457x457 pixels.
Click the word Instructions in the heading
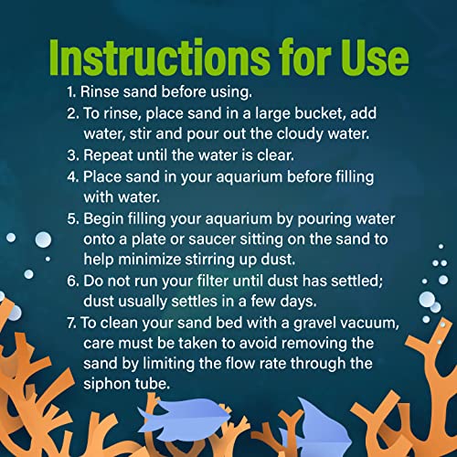(x=159, y=58)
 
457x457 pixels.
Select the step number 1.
(x=71, y=92)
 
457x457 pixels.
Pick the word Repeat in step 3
(x=108, y=155)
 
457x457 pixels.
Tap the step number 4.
(x=73, y=176)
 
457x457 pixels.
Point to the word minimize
(x=150, y=260)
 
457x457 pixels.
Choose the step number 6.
(x=73, y=281)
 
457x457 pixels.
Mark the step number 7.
(x=72, y=323)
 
